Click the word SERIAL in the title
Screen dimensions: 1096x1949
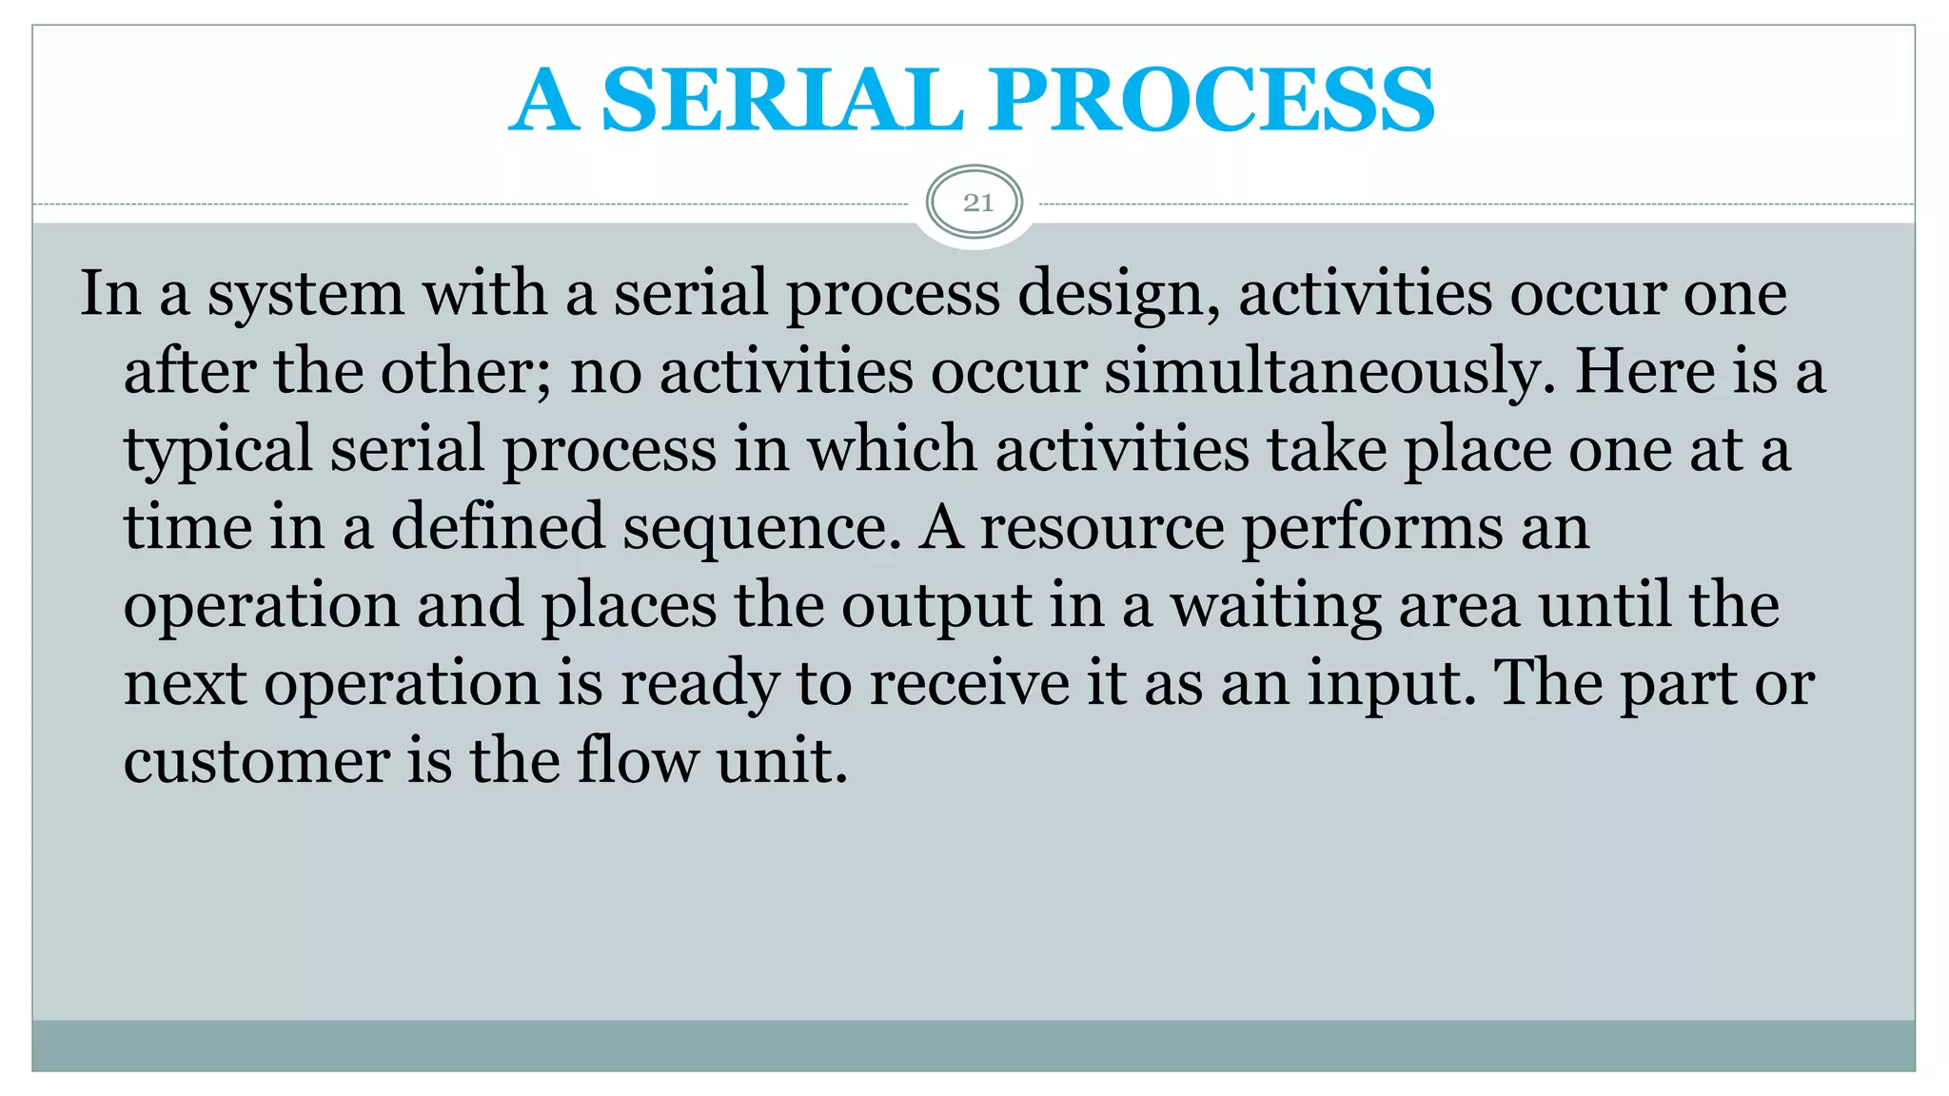(782, 100)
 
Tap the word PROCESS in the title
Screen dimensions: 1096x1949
(1211, 100)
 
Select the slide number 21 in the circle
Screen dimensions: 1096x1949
(977, 203)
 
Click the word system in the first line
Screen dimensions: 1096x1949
(305, 295)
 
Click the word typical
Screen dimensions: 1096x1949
(218, 451)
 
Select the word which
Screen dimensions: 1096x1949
(892, 449)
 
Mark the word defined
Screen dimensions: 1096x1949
(498, 527)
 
